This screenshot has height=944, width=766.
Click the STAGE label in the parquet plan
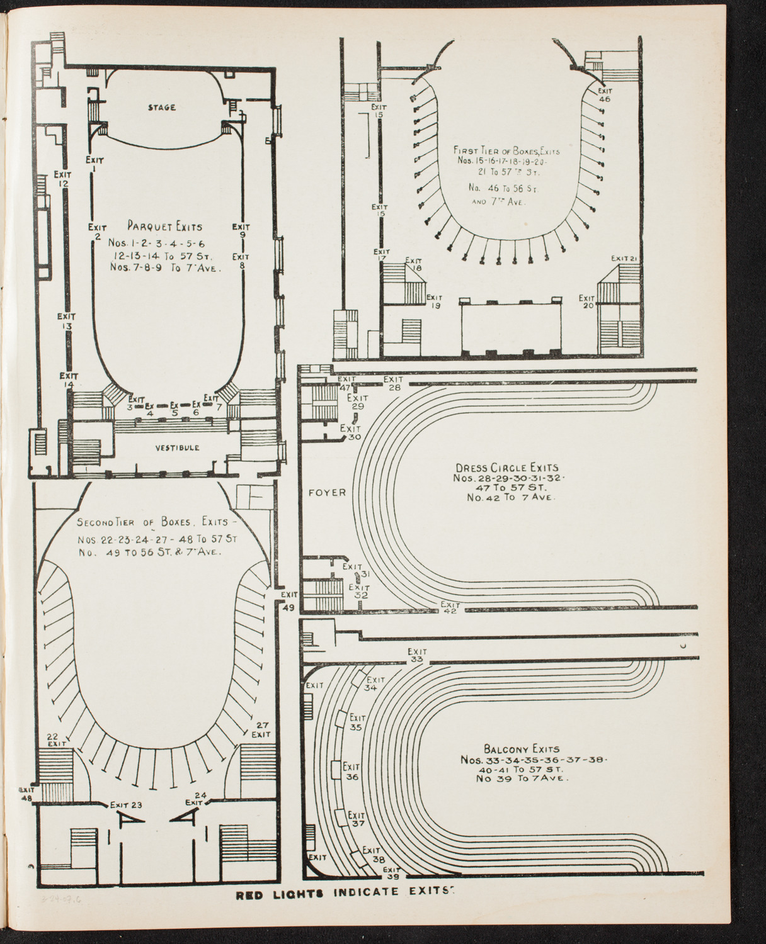(x=162, y=108)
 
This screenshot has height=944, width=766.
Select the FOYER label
(x=327, y=492)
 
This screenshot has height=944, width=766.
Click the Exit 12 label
(x=62, y=178)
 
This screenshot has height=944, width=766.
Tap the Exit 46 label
(x=605, y=94)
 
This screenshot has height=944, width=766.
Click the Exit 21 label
(x=626, y=259)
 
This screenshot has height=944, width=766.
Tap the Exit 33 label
(x=416, y=655)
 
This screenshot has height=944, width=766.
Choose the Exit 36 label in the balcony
(x=352, y=772)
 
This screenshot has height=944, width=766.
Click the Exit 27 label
(x=261, y=729)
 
